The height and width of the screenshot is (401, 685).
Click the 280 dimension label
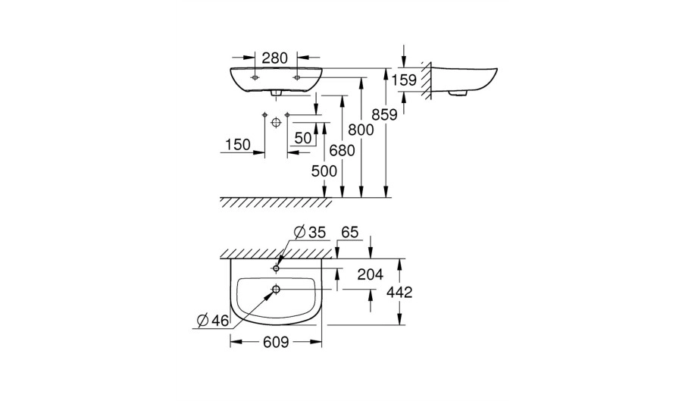point(275,58)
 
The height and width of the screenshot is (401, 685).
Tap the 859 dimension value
point(384,114)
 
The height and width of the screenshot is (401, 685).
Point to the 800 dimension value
point(361,130)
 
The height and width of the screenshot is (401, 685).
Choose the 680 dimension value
point(342,151)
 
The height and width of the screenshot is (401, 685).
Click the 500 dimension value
point(324,171)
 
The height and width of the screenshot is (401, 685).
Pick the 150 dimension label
point(238,144)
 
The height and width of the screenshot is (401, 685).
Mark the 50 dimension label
point(303,138)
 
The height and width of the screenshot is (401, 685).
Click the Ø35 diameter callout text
point(310,233)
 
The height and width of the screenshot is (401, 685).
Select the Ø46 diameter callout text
point(213,321)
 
